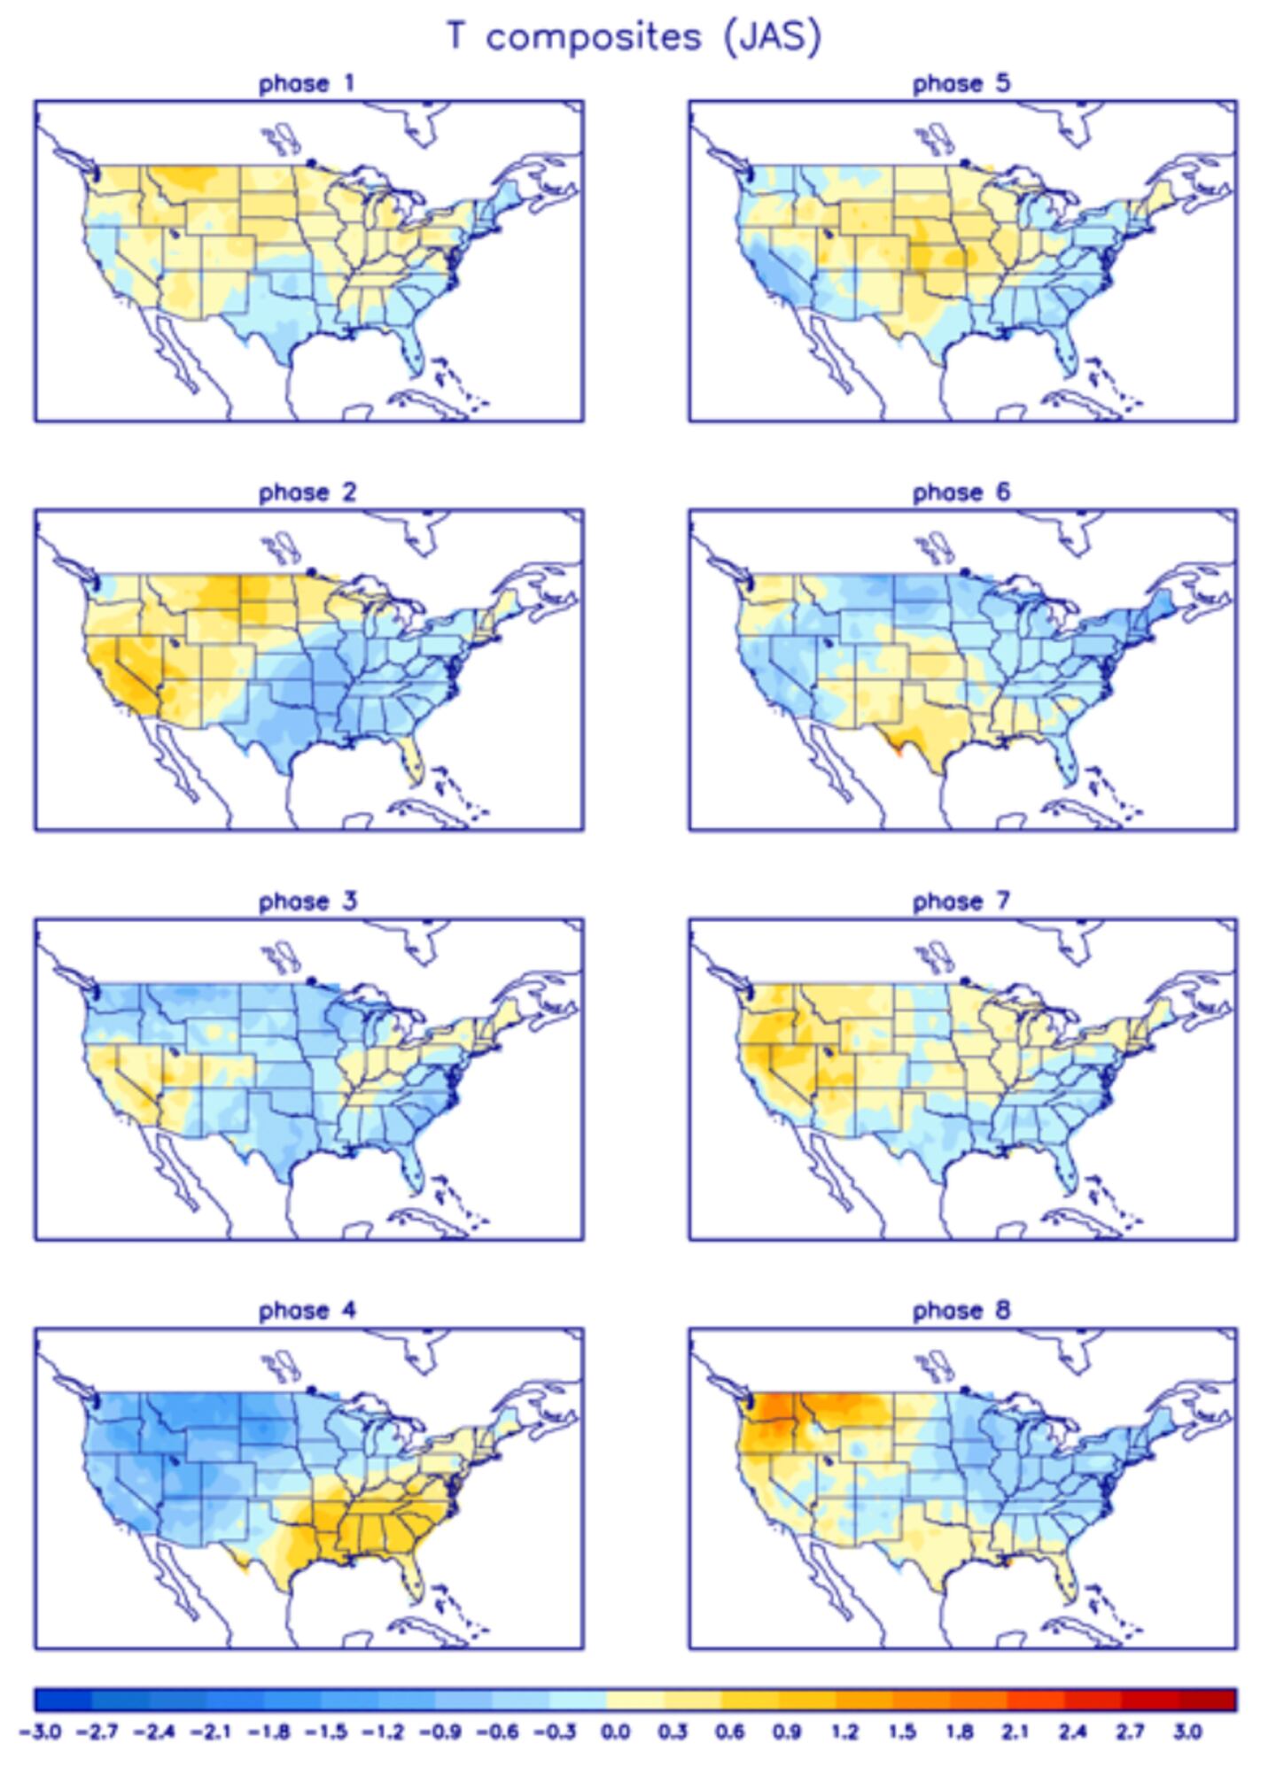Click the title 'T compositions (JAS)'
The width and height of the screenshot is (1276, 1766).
634,37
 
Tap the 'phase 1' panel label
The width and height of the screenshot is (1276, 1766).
307,84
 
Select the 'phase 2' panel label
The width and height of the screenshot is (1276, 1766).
307,492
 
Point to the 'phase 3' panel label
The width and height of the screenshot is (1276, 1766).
307,902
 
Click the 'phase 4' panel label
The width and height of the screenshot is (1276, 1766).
307,1310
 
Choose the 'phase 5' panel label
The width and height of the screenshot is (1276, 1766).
961,84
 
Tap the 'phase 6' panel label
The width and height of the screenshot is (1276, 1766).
961,492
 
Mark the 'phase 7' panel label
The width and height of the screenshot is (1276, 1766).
961,902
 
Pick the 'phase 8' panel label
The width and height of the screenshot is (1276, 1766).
961,1310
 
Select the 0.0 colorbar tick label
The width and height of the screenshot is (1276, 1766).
616,1731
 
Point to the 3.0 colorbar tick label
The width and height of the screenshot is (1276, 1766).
1187,1731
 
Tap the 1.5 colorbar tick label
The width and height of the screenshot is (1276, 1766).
901,1731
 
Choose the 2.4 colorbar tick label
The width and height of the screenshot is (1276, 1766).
1072,1731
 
